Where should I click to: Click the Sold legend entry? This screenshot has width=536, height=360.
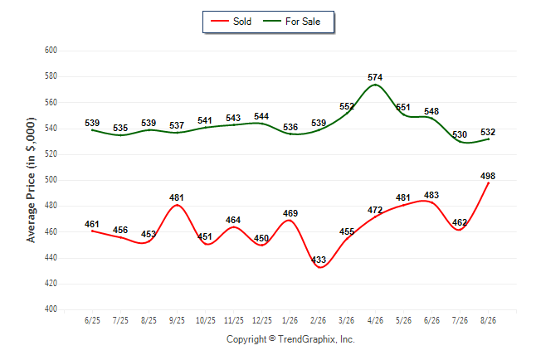pos(231,22)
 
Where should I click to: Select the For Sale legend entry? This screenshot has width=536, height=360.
pos(291,22)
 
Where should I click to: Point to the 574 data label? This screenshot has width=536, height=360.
pos(375,77)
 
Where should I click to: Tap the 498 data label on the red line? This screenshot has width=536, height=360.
pos(488,176)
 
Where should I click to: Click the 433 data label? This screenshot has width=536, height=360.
pos(319,260)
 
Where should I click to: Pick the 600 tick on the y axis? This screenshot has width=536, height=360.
pos(51,51)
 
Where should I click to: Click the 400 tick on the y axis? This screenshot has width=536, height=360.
pos(51,309)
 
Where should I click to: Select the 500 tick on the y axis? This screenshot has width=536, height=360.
pos(51,180)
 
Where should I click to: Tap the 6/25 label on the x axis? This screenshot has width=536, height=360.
pos(92,320)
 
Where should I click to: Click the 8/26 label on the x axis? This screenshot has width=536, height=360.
pos(488,320)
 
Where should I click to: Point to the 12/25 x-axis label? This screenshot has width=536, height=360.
pos(262,320)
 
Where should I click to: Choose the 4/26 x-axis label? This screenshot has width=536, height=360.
pos(375,320)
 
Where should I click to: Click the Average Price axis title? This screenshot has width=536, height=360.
pos(31,180)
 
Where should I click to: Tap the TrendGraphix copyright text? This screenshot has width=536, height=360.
pos(290,339)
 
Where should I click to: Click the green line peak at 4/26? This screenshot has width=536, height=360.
pos(375,85)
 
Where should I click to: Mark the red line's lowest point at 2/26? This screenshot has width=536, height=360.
pos(319,267)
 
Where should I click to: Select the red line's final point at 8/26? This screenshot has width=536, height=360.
pos(488,183)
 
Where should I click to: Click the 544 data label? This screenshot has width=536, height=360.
pos(261,116)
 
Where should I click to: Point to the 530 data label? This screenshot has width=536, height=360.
pos(460,134)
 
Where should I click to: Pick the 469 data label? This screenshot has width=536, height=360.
pos(290,213)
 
